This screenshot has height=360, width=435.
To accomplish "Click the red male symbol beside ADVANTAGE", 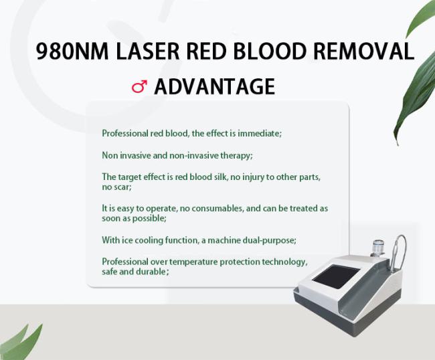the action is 139,86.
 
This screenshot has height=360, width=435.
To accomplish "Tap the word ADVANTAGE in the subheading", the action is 214,86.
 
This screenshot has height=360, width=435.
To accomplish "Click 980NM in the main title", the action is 72,52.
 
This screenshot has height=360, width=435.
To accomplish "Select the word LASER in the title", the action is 148,52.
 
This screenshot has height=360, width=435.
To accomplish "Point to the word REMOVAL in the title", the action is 363,52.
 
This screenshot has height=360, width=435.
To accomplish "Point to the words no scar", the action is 116,187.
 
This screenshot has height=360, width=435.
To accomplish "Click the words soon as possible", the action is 134,218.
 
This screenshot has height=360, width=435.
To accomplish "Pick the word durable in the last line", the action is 153,272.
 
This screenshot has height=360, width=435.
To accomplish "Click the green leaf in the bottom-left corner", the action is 19,344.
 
